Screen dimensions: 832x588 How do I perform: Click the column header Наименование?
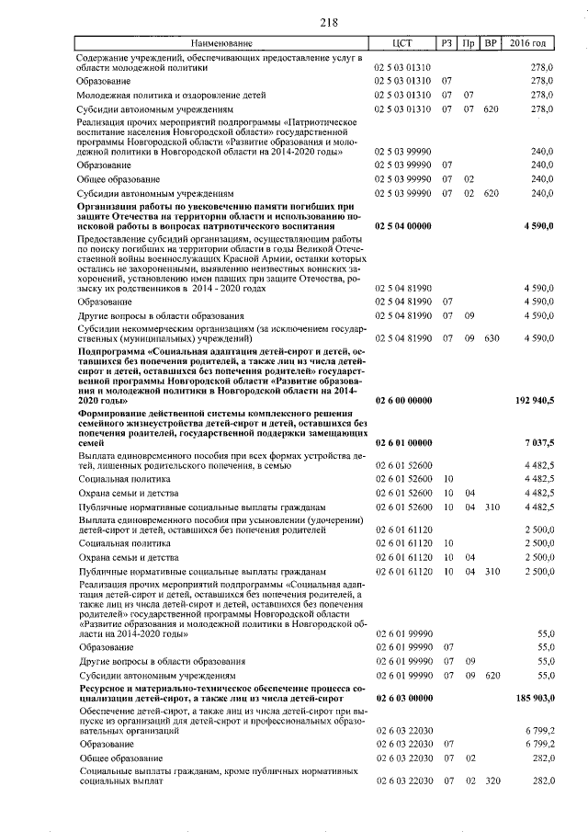point(220,44)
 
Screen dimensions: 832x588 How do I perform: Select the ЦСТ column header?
point(402,44)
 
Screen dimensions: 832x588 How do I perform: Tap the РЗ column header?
point(447,44)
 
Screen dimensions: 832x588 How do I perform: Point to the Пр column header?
point(469,44)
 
